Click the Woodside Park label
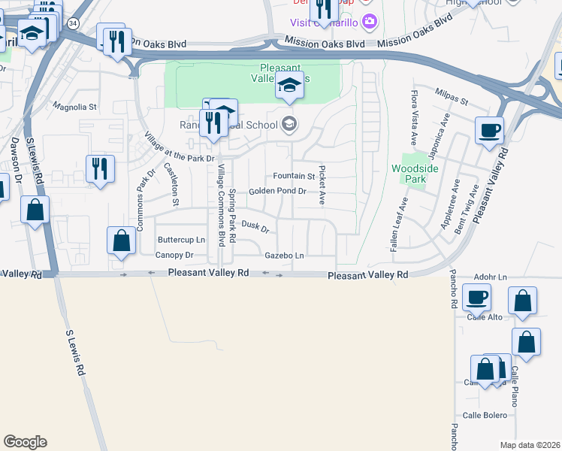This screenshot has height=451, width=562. point(409,174)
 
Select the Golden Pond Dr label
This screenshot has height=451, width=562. point(277,192)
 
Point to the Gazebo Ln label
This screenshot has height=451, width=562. point(284,256)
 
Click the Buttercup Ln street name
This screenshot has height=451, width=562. point(181,240)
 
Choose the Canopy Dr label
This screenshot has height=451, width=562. point(174,255)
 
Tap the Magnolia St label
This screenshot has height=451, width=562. point(74,107)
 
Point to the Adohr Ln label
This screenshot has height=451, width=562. point(492,276)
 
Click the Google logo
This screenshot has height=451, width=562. point(25,442)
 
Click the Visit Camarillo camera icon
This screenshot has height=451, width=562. point(368,20)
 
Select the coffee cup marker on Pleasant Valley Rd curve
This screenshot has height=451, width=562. point(489,130)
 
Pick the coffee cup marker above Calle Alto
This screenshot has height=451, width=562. point(477,296)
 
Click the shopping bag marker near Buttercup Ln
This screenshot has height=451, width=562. point(121,241)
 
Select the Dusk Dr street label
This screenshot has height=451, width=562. point(255,225)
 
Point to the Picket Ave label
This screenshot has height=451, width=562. point(322,185)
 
